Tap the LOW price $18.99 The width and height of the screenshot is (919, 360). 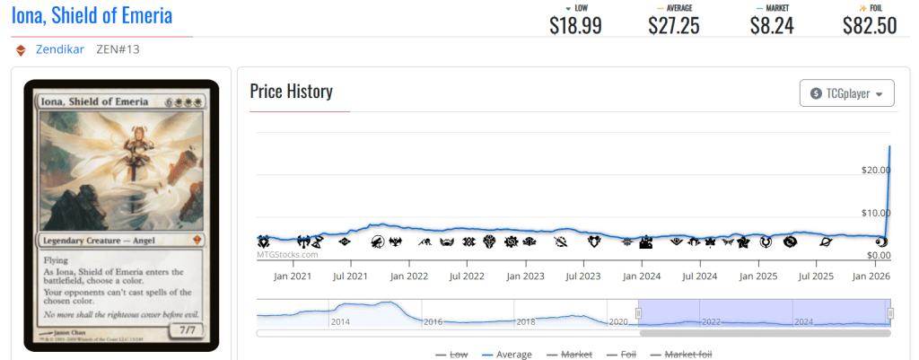(575, 25)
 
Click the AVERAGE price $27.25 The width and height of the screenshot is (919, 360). (674, 25)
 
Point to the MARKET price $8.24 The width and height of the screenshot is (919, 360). (772, 25)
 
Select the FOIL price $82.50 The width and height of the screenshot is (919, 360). (870, 25)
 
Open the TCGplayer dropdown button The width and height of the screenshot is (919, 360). (846, 92)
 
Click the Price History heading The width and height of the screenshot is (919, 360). (291, 92)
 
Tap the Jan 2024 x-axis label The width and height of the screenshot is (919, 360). (642, 277)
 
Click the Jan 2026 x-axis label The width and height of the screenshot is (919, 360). (871, 277)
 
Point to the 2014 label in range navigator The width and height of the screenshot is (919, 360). (340, 320)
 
